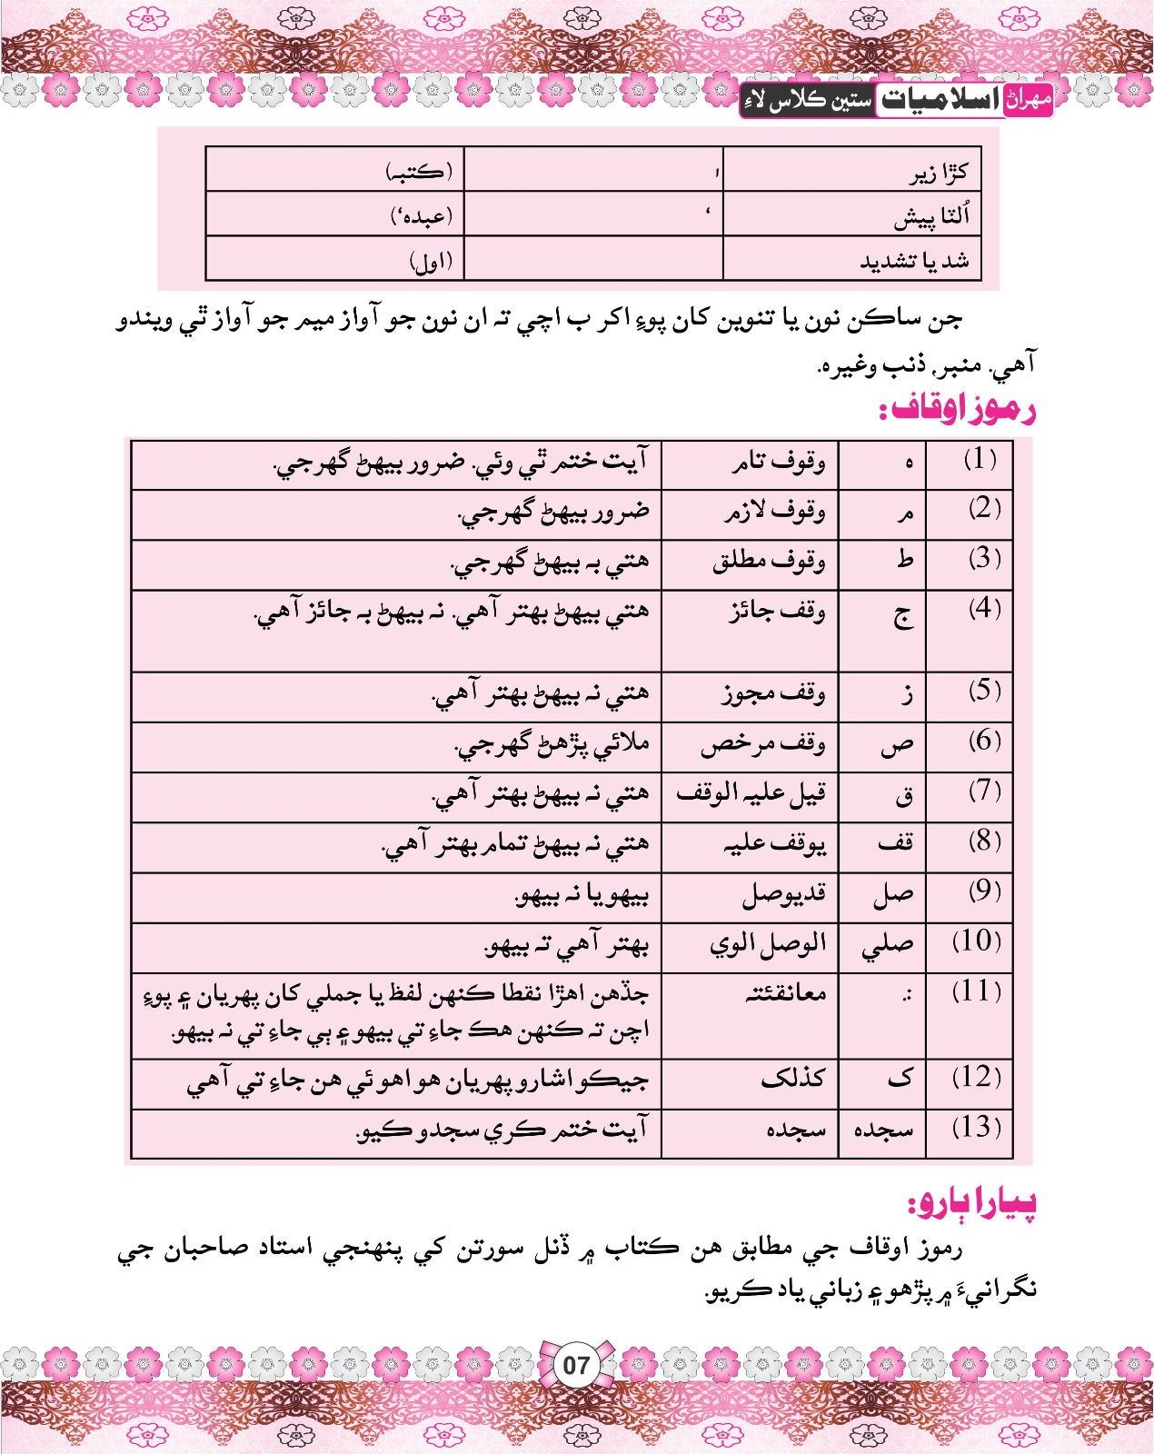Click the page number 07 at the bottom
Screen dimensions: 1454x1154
(x=576, y=1365)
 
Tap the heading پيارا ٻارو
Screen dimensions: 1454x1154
(x=972, y=1203)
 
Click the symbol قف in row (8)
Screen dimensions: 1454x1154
(x=895, y=843)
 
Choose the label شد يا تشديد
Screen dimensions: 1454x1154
(x=914, y=262)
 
